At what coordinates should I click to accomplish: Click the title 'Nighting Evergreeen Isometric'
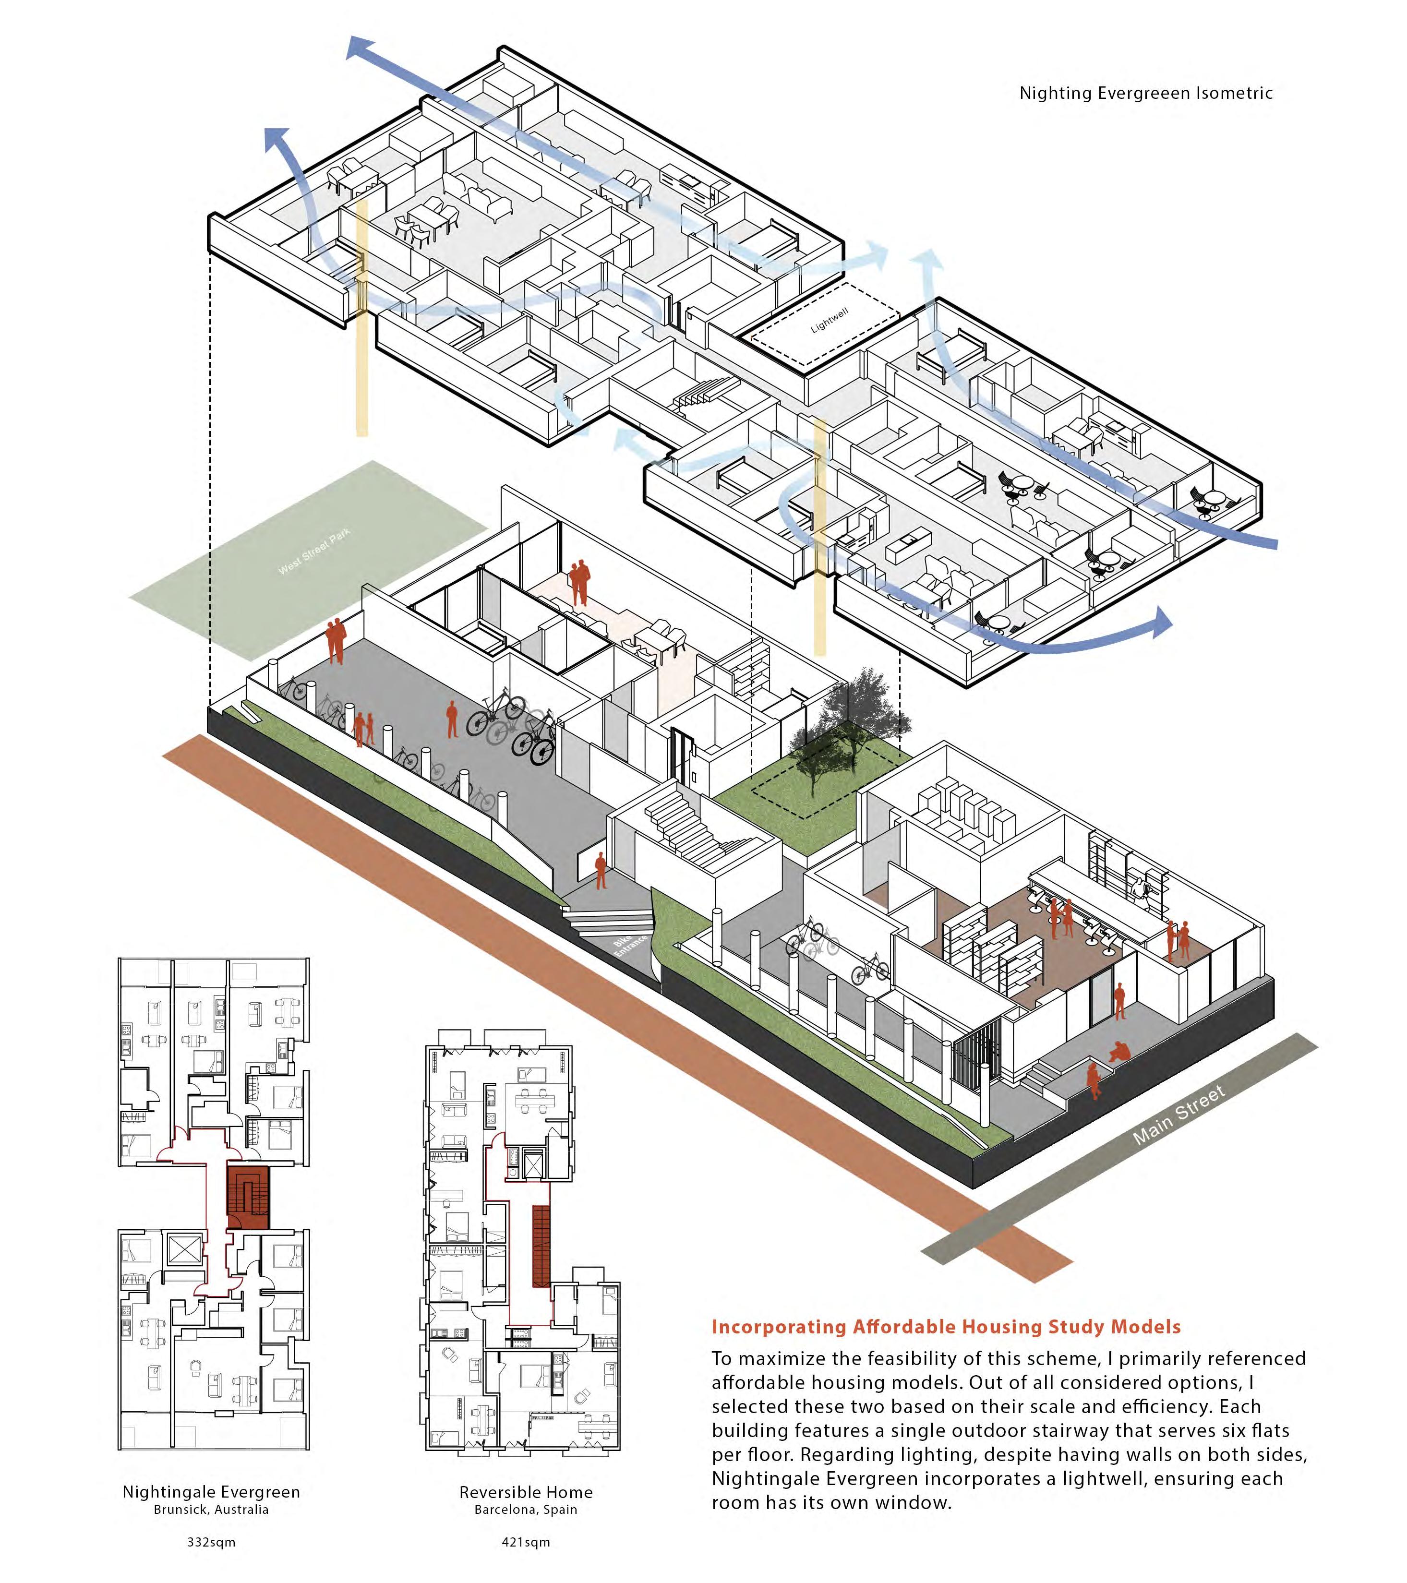coord(1145,94)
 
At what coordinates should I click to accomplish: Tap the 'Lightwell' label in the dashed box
coord(830,320)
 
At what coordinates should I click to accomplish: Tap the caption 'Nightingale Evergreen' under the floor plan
coord(211,1492)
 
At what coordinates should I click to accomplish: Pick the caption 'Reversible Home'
coord(526,1492)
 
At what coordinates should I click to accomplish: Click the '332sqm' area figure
coord(211,1542)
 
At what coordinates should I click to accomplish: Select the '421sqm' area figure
coord(526,1542)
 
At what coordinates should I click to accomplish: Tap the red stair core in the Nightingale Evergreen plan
coord(248,1197)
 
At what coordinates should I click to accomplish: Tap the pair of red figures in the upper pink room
coord(579,582)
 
